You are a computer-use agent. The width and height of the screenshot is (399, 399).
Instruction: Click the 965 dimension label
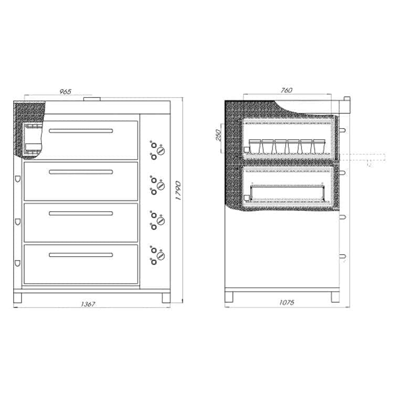66,91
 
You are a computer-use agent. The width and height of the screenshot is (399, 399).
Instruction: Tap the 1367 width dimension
88,304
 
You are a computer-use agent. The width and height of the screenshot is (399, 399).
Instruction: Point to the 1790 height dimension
178,191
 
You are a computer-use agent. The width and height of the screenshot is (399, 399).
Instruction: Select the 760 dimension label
287,90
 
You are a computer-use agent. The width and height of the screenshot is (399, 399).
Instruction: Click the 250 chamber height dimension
218,135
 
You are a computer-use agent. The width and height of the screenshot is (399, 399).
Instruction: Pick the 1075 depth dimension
287,302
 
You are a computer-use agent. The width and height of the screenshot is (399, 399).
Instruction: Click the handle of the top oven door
81,131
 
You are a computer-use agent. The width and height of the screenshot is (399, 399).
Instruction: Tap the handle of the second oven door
81,172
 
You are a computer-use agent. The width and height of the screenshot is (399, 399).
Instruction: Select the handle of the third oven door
81,213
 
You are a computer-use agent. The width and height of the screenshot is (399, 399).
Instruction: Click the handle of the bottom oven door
81,255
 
